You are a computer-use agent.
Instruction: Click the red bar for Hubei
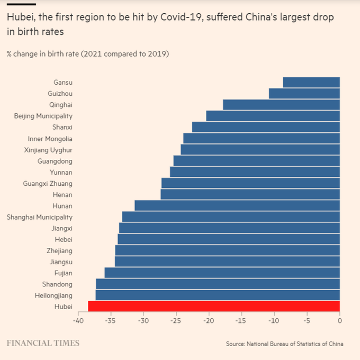coord(214,306)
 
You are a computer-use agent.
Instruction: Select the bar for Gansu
coord(311,82)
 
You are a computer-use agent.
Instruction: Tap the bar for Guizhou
coord(304,93)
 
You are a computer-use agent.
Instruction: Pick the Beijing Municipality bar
coord(273,115)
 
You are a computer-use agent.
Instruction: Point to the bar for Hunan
coord(237,205)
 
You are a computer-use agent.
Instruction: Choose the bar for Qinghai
coord(281,104)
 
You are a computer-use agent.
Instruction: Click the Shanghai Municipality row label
coord(40,217)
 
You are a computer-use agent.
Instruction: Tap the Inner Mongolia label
coord(50,139)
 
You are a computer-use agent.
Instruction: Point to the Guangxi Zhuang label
coord(48,184)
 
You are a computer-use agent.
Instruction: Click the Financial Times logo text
coord(43,343)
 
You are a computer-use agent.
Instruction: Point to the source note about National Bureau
coord(284,344)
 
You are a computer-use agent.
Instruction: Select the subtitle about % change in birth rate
coord(87,54)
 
